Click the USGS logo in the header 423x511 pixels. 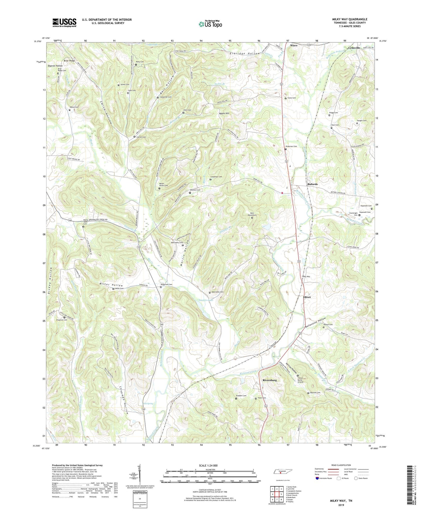[x=64, y=22]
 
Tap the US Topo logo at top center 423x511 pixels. [x=210, y=24]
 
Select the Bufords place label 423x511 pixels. [x=312, y=184]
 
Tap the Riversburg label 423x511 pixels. [x=270, y=380]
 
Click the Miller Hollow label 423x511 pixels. [x=111, y=285]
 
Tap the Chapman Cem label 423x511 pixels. [x=62, y=320]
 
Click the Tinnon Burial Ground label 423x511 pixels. [x=300, y=380]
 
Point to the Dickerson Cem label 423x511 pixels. [x=291, y=146]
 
